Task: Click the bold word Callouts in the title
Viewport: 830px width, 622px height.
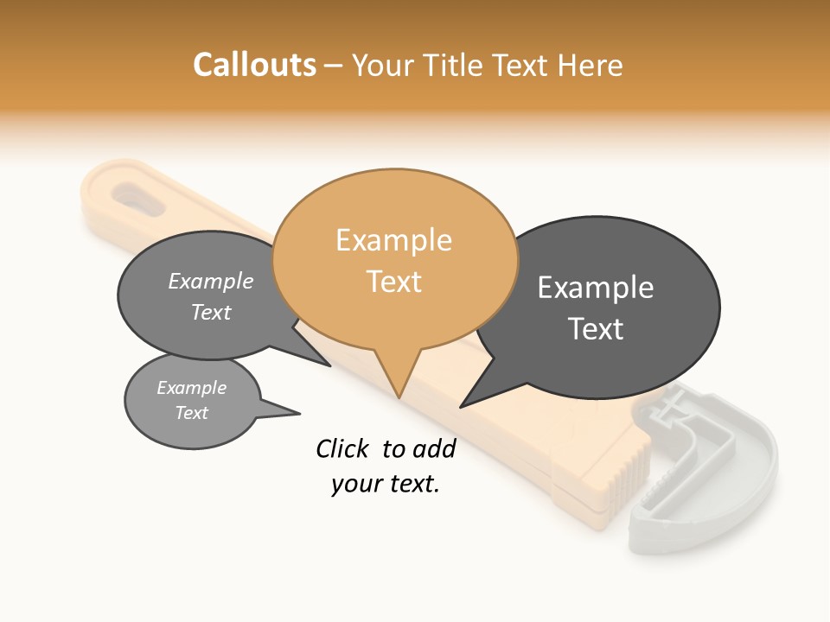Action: [x=254, y=65]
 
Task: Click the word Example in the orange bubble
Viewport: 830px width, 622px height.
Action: [x=393, y=240]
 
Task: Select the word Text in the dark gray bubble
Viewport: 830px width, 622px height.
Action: [x=596, y=329]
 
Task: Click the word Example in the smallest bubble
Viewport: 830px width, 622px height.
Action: [x=191, y=388]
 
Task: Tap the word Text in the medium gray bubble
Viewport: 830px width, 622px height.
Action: [x=211, y=313]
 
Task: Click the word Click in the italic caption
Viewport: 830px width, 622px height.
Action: [x=342, y=448]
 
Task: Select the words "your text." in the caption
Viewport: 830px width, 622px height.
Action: [x=385, y=485]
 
